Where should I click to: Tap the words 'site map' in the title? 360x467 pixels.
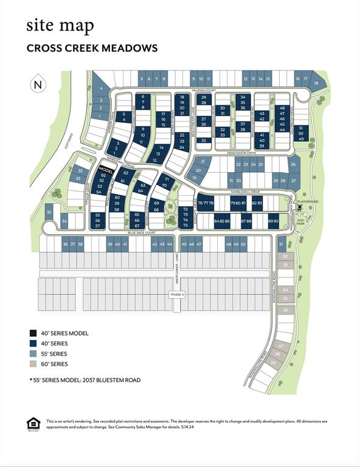60,26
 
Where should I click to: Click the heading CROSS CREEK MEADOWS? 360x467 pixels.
92,48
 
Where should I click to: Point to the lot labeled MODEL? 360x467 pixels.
106,170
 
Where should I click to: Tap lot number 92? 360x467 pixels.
103,175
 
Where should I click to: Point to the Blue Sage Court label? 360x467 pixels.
142,232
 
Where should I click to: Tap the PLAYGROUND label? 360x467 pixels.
310,201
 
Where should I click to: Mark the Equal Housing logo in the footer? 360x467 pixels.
33,423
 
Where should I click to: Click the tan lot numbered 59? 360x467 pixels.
274,363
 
